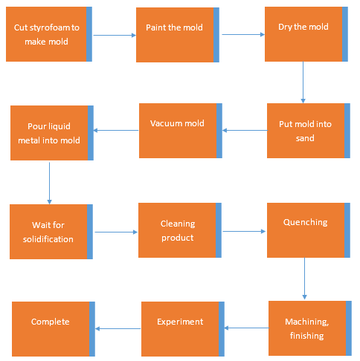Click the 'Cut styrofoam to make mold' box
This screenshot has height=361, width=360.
click(x=49, y=34)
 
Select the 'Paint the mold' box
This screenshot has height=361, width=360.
click(x=178, y=35)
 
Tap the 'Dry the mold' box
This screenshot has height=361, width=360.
click(x=306, y=34)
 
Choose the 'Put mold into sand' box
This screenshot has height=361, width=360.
click(x=309, y=131)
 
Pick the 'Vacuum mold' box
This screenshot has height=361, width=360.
click(x=181, y=131)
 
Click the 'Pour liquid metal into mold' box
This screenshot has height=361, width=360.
click(x=52, y=133)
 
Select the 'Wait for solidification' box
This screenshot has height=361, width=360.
click(x=51, y=232)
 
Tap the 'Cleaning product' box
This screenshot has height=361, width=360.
click(x=180, y=230)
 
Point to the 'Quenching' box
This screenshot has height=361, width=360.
click(x=309, y=230)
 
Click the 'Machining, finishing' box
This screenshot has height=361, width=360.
click(x=310, y=328)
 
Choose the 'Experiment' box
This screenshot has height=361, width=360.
click(x=183, y=329)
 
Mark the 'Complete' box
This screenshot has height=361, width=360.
click(x=54, y=329)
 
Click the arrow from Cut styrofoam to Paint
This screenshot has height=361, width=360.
click(x=115, y=35)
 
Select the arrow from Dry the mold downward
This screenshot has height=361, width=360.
click(x=303, y=82)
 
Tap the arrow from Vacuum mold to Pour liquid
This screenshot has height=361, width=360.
click(x=116, y=130)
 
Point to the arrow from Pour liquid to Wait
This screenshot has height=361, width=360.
click(x=49, y=183)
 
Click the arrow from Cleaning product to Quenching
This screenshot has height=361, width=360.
click(x=244, y=231)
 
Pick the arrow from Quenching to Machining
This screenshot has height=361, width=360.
click(x=304, y=279)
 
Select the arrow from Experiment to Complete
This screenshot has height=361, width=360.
click(x=118, y=328)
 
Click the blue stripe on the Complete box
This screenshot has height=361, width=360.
click(x=92, y=329)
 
